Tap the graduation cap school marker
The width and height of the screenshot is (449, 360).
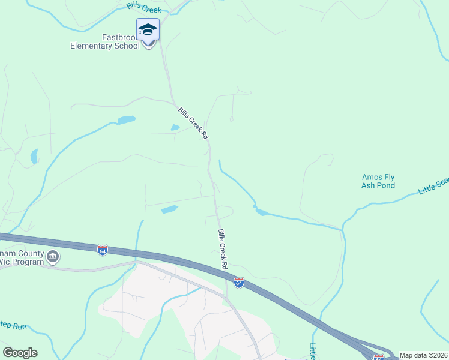coord(148,30)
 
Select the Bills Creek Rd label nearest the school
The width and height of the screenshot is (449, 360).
coord(193,124)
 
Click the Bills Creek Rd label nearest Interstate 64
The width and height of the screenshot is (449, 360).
coord(223,248)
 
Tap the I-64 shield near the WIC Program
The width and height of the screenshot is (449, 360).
coord(103,249)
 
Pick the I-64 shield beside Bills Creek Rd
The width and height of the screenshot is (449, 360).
coord(239,282)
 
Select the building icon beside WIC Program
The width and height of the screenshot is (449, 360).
coord(53,257)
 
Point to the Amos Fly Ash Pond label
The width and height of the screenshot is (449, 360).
coord(378,181)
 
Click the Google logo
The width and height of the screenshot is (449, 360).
coord(20,353)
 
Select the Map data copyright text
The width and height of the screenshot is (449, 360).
coord(423,355)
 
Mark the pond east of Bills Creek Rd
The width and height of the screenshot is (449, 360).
coord(261,211)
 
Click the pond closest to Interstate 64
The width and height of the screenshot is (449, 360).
coord(170,209)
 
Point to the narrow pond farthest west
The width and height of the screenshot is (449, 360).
coord(34,157)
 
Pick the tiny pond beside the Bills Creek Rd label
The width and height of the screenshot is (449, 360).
coord(175,127)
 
